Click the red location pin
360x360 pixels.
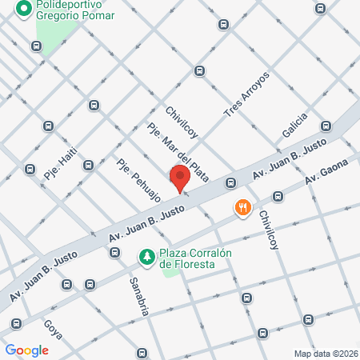180,178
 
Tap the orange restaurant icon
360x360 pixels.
243,209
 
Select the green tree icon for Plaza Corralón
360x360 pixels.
146,257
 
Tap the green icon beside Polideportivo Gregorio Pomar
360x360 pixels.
23,10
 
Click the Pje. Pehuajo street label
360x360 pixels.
138,181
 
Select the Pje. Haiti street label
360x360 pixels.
62,160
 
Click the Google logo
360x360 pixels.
27,350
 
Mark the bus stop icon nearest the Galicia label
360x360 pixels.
326,126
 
